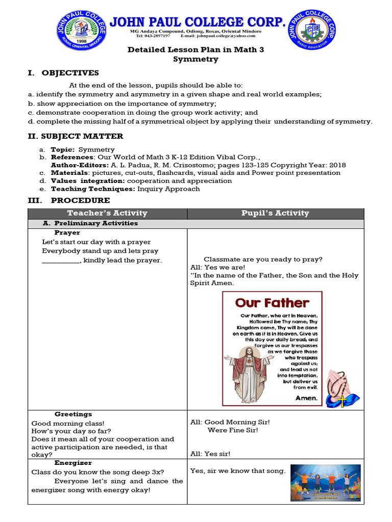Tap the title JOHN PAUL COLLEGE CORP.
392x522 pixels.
(x=197, y=21)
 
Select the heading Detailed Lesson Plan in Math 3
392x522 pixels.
(x=195, y=49)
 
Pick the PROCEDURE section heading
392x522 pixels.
(x=80, y=200)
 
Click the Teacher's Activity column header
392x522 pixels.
(x=107, y=213)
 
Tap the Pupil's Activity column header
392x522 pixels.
(x=275, y=213)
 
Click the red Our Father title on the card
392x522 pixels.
(x=272, y=303)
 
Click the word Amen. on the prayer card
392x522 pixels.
(x=306, y=398)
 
